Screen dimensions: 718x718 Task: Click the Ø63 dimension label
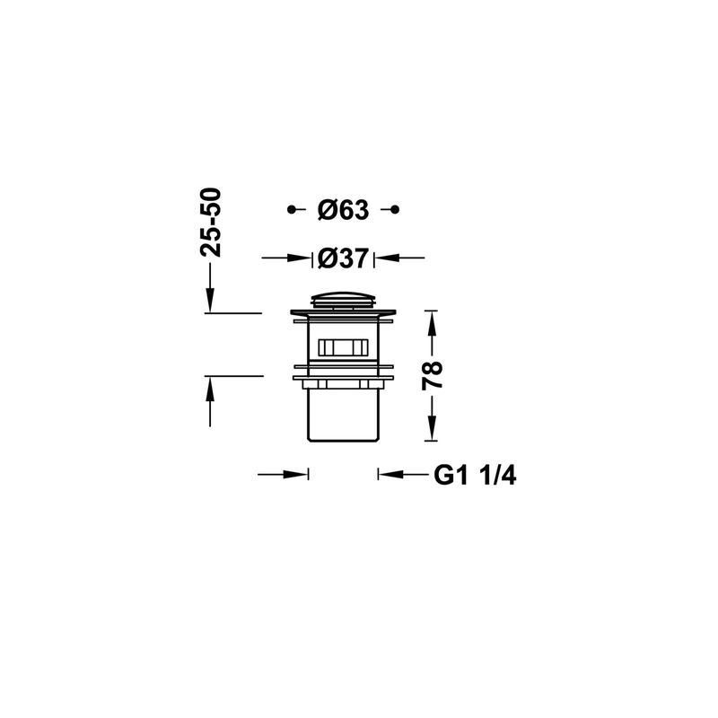point(343,210)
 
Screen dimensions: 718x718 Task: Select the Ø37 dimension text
point(343,258)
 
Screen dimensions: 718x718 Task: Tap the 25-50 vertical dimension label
point(211,222)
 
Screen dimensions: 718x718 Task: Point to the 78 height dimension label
point(433,375)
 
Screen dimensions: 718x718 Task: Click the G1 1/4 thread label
point(475,476)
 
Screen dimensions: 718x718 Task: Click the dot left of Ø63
point(291,210)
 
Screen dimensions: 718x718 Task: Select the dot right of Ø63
point(395,210)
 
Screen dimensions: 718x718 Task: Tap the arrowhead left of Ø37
point(299,258)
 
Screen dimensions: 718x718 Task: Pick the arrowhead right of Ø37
point(387,258)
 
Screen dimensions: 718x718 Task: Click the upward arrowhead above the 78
point(431,323)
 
